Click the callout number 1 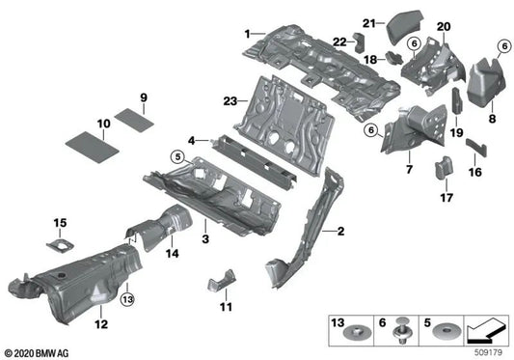(248, 34)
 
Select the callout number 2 (338, 232)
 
